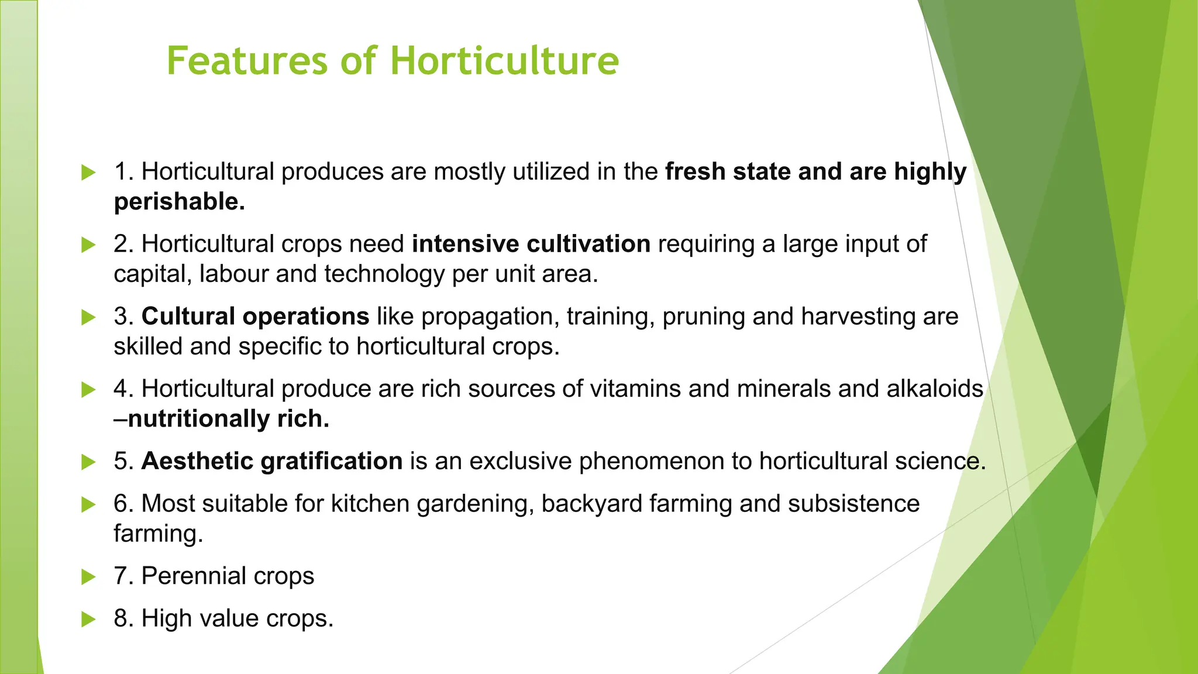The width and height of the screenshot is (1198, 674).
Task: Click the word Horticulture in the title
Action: point(504,61)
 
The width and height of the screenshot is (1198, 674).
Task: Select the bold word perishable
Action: point(179,202)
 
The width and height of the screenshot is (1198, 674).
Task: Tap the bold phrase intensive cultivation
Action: point(531,244)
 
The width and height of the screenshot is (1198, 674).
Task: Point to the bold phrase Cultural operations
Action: point(255,317)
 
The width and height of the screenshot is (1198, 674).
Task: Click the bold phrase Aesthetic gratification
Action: point(272,461)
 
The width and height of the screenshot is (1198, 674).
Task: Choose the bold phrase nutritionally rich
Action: point(228,419)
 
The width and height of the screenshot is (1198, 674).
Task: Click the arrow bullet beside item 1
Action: point(88,173)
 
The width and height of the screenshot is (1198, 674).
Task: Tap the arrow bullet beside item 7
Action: point(88,577)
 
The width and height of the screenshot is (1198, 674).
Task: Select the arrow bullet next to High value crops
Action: point(88,619)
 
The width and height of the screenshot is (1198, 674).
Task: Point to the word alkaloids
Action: point(935,389)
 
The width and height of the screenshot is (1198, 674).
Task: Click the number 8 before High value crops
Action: point(121,618)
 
